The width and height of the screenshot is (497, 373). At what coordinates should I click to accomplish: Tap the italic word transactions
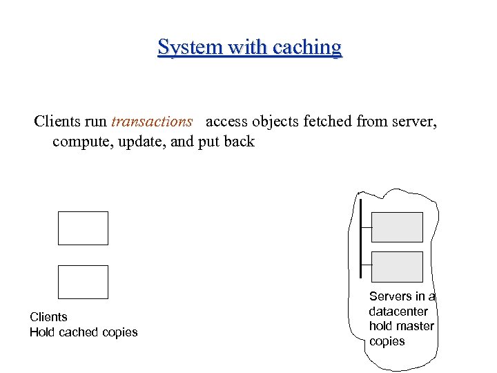click(x=151, y=122)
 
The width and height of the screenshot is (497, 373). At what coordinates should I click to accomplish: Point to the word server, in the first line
click(x=414, y=122)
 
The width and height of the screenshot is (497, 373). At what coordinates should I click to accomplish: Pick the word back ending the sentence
click(x=239, y=142)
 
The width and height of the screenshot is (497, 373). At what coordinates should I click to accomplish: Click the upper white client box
click(x=83, y=228)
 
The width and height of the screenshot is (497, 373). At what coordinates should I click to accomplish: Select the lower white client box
click(x=83, y=282)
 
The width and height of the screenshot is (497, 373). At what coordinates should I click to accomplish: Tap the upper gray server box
click(x=397, y=227)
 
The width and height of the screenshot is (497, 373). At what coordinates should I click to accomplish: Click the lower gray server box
click(x=397, y=267)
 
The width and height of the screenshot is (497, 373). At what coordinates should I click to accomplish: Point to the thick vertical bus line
click(x=360, y=238)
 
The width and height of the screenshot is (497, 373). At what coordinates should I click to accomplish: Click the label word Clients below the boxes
click(x=48, y=317)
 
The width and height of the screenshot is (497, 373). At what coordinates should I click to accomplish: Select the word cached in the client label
click(x=80, y=332)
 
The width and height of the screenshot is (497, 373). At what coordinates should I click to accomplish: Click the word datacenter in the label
click(x=398, y=312)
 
